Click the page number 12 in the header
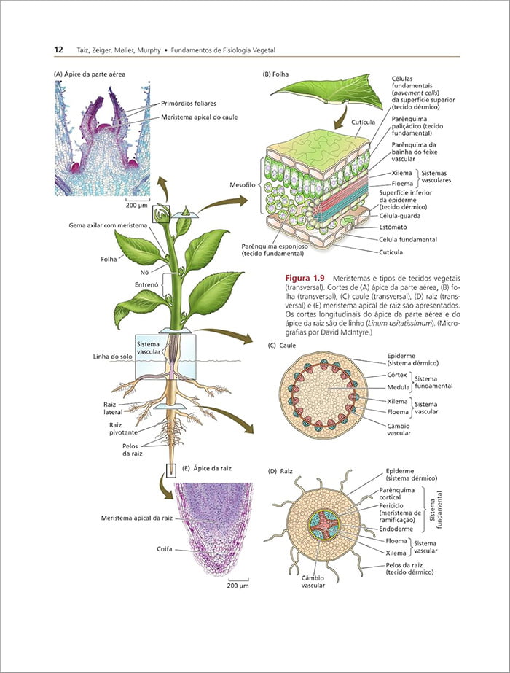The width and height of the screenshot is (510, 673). click(58, 50)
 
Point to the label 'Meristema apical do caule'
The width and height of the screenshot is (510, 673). click(200, 117)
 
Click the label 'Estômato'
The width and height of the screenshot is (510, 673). click(393, 227)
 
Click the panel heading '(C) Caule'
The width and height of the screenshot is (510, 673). click(281, 345)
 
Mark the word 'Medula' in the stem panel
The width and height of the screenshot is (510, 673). click(398, 387)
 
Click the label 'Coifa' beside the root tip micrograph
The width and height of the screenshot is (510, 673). click(165, 548)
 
